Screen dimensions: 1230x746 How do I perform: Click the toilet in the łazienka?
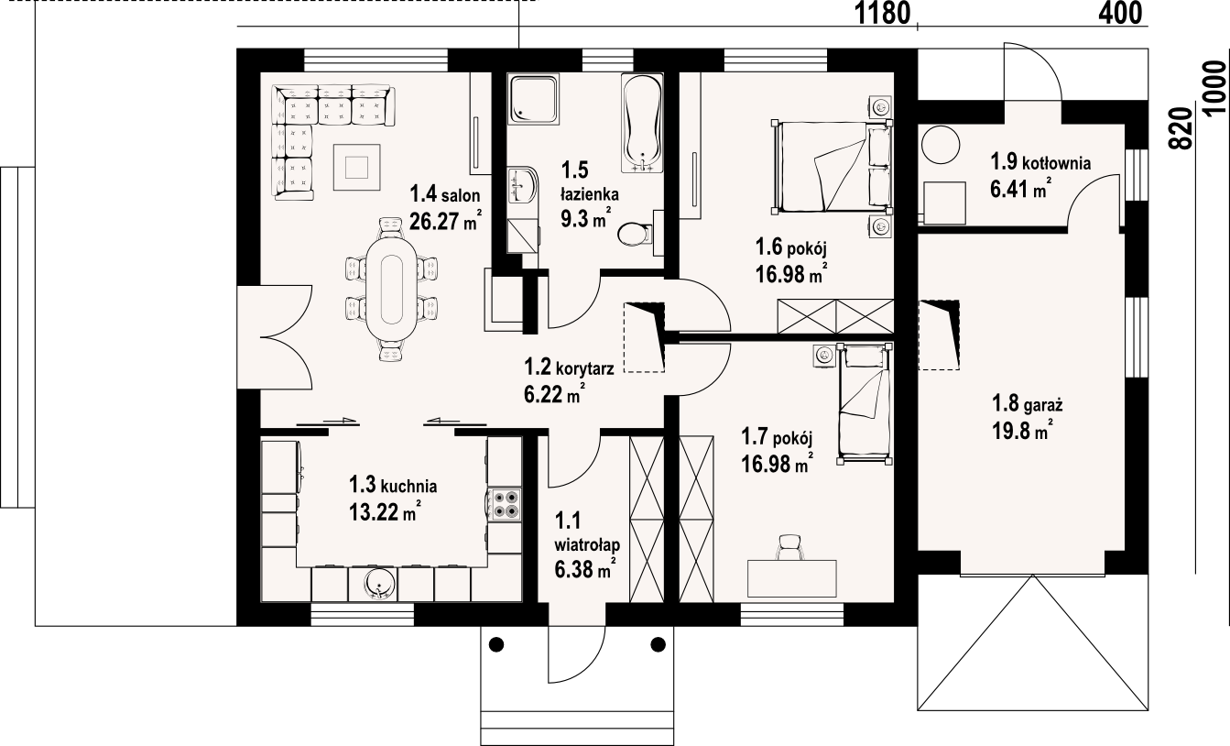coord(634,235)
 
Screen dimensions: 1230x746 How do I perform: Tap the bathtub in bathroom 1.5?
coord(641,123)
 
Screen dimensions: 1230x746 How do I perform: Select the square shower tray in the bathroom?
coord(533,99)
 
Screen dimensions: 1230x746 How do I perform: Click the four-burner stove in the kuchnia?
coord(506,505)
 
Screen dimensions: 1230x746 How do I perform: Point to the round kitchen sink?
coord(379,583)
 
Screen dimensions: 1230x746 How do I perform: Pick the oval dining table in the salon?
coord(390,289)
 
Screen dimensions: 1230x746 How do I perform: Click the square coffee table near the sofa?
coord(357,167)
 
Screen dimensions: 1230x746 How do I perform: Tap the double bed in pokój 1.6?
coord(832,167)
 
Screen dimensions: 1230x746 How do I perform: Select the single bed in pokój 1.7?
coord(865,405)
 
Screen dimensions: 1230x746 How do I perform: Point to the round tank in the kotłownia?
coord(941,146)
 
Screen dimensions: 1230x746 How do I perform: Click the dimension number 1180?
coord(883,14)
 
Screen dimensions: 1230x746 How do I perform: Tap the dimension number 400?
coord(1120,13)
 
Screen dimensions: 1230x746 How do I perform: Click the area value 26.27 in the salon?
coord(434,222)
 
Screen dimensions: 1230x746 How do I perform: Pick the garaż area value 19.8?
coord(1011,431)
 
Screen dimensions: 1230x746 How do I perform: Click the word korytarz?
coord(585,368)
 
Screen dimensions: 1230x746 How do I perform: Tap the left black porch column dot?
coord(496,644)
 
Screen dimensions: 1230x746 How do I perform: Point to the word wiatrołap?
coord(587,545)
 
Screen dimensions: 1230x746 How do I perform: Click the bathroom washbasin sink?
coord(522,185)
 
